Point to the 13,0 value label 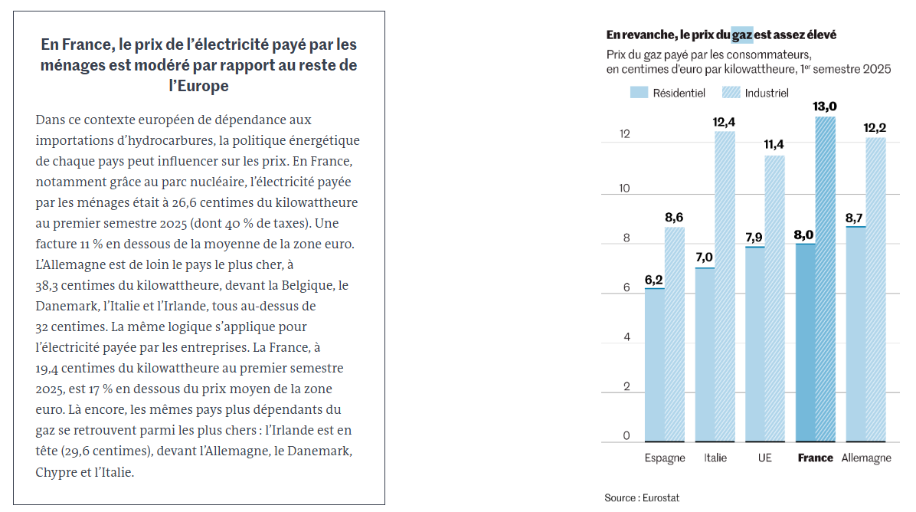coord(826,107)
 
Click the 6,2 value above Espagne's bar coord(654,280)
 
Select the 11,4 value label coord(775,146)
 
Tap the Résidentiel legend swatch coord(639,93)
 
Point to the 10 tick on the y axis coord(626,189)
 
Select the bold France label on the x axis coord(815,458)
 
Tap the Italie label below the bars coord(715,458)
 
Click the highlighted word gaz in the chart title coord(741,34)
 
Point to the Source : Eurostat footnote coord(641,497)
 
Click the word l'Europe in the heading coord(198,86)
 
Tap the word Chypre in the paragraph coord(57,472)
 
